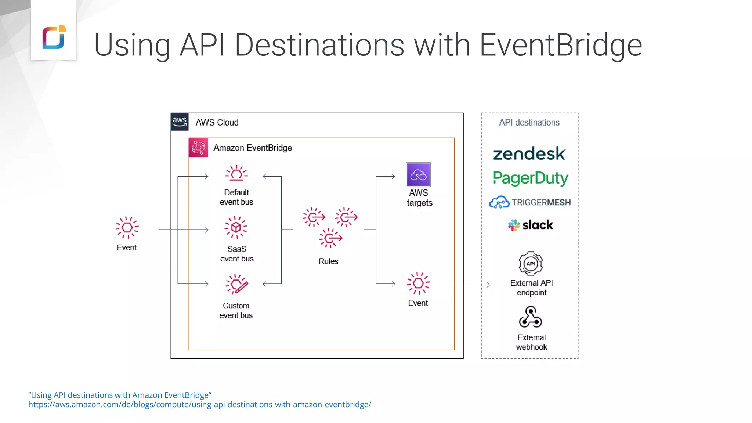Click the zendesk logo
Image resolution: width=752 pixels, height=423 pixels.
click(x=529, y=154)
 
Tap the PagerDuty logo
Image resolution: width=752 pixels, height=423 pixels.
click(x=530, y=178)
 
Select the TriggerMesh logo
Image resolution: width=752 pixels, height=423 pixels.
click(x=529, y=202)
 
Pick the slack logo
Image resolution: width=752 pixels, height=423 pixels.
click(x=530, y=225)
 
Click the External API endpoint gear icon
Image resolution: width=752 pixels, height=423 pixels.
click(x=531, y=264)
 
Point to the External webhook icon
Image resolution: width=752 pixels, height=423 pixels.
click(x=531, y=317)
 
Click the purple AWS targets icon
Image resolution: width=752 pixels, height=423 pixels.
click(x=418, y=175)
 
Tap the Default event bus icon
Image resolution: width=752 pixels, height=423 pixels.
click(x=236, y=173)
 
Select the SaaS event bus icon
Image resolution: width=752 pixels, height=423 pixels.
click(x=236, y=228)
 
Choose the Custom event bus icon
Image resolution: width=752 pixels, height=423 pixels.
click(x=237, y=285)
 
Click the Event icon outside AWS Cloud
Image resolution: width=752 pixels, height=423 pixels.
click(x=127, y=228)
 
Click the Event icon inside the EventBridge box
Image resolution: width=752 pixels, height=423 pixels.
click(x=418, y=283)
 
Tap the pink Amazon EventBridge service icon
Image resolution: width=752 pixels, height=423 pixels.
click(x=198, y=148)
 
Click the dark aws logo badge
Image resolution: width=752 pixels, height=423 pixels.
click(x=180, y=122)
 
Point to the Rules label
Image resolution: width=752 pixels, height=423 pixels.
click(x=328, y=261)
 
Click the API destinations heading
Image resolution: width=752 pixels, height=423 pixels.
click(x=529, y=123)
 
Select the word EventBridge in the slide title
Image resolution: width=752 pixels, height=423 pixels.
click(x=561, y=46)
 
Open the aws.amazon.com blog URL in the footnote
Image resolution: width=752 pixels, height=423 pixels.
click(x=200, y=405)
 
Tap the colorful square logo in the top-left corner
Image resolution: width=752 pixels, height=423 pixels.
click(x=54, y=37)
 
